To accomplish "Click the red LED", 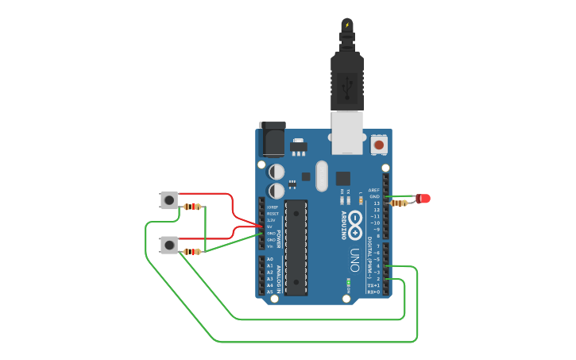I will click(423, 198).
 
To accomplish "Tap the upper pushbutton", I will click(168, 199).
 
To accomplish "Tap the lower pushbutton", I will click(168, 245).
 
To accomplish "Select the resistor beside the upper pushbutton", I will click(192, 207).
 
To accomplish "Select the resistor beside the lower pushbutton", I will click(192, 251).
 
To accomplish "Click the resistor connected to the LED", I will click(400, 203).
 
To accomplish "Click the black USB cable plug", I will click(347, 79).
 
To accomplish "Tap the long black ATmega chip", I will click(296, 247).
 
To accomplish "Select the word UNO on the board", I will click(354, 261).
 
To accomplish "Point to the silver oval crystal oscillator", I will click(322, 176).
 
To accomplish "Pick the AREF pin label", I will click(373, 191).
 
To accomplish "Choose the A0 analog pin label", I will click(270, 260).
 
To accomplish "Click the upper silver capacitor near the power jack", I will click(276, 171).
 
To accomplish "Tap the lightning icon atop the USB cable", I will click(346, 25).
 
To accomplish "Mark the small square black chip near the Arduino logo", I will click(343, 179).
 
